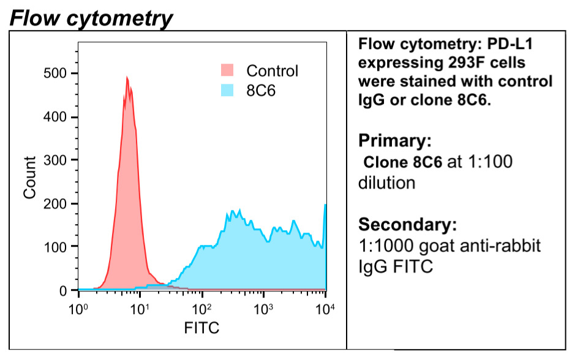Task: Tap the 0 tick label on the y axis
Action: tap(64, 290)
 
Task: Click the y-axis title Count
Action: tap(29, 178)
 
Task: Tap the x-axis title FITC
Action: tap(201, 328)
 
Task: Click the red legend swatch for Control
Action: tap(227, 70)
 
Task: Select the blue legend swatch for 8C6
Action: tap(227, 90)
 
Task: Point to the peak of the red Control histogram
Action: tap(127, 78)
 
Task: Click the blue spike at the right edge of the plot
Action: tap(325, 208)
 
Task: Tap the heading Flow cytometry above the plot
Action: tap(91, 18)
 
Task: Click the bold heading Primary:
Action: tap(395, 141)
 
